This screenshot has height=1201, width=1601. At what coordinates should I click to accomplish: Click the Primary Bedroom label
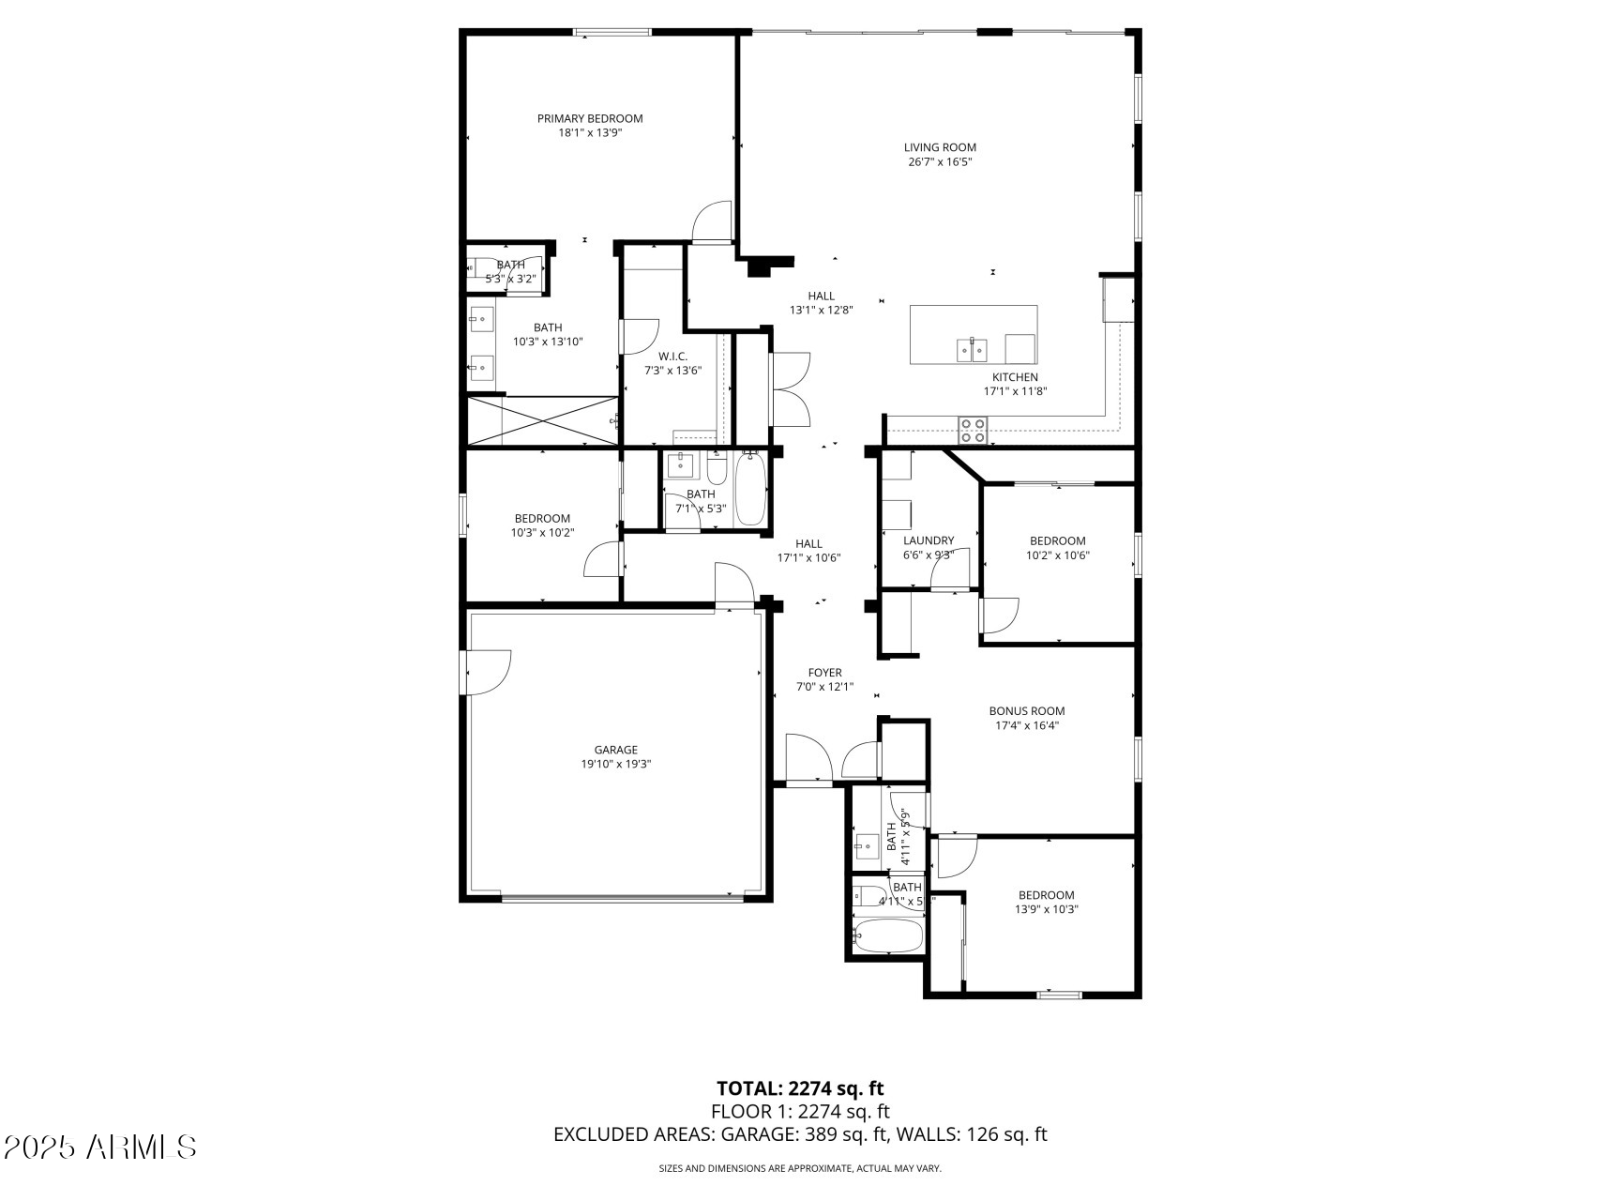(589, 118)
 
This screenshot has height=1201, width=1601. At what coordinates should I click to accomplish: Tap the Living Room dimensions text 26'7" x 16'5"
(940, 162)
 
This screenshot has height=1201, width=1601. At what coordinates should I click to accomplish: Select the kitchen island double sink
(972, 350)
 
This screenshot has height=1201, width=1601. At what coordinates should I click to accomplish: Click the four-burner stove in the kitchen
(973, 431)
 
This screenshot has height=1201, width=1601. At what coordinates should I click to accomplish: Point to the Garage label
(615, 750)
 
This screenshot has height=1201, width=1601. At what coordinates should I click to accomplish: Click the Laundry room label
(929, 540)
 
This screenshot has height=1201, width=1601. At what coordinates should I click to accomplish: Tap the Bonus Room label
(1027, 711)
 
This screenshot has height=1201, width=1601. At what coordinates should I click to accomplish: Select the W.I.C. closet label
(672, 356)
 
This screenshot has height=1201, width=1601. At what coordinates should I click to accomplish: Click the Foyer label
(824, 673)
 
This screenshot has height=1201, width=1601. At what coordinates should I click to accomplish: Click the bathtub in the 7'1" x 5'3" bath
(749, 489)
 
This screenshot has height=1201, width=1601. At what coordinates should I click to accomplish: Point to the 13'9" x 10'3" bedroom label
(1046, 895)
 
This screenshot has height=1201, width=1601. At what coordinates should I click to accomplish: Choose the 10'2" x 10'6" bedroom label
(1057, 540)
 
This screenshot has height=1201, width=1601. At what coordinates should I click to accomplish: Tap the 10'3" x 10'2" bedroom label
(542, 519)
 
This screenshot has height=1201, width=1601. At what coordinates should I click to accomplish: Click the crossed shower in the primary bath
(543, 420)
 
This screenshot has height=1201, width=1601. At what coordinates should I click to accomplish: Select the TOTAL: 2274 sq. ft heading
(800, 1088)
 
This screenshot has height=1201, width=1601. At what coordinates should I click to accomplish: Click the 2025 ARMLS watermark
(100, 1147)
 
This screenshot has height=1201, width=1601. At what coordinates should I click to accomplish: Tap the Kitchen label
(1015, 377)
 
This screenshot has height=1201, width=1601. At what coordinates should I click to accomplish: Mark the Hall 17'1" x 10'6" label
(808, 543)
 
